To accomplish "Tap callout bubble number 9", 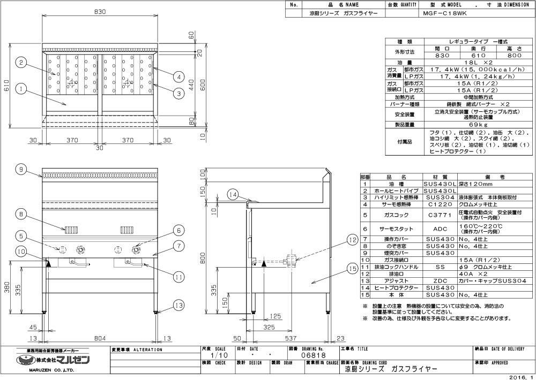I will coord(20,170).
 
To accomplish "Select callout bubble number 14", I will coord(232,194).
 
